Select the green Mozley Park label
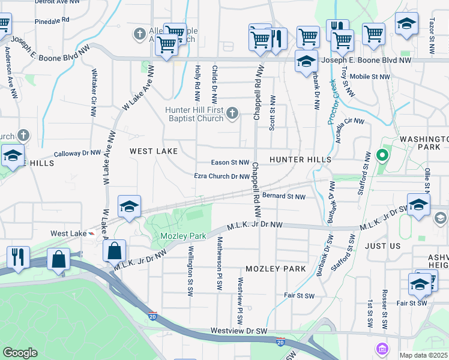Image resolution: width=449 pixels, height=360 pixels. click(x=183, y=236)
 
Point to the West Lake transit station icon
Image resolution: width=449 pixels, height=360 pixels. click(x=92, y=233)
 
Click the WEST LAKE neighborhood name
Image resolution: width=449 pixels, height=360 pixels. click(x=154, y=152)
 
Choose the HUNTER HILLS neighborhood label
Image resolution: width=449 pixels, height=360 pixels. click(x=300, y=160)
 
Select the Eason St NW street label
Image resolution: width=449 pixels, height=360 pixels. click(x=230, y=163)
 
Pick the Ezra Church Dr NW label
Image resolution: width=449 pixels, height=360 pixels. click(x=221, y=176)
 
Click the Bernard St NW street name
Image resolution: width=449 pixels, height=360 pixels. click(x=284, y=196)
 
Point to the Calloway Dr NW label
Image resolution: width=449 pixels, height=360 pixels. click(x=77, y=154)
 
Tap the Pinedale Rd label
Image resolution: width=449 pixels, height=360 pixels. click(x=52, y=20)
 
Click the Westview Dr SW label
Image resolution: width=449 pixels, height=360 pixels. click(x=238, y=331)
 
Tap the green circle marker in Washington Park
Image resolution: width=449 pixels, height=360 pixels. click(x=381, y=156)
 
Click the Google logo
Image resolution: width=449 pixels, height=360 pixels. click(x=20, y=353)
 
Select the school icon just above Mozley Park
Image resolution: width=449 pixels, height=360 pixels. click(x=130, y=206)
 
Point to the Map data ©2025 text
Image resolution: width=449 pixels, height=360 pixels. click(x=423, y=355)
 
